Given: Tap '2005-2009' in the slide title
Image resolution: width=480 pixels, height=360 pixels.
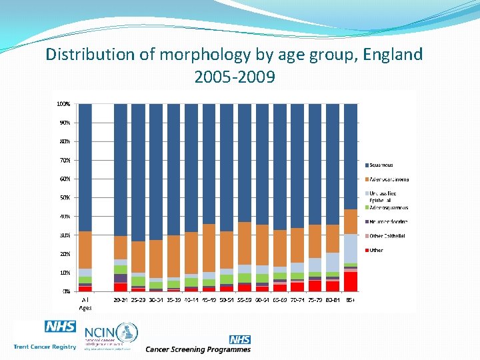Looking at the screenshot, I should pos(234,77).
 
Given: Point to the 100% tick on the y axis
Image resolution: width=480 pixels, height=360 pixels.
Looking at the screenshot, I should pos(63,104).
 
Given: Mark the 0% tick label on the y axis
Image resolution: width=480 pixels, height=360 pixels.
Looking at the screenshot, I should pos(66,291).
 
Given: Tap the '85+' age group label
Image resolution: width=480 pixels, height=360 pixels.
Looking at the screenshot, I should pos(351,301).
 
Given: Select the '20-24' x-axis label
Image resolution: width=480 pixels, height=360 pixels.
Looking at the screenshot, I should pos(121,301).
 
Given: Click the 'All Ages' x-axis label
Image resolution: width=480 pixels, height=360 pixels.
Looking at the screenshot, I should pos(85,304).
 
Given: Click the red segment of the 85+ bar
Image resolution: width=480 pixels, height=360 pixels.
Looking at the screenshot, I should pos(351,281).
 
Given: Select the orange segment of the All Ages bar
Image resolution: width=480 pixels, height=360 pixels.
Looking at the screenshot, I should pos(85,250).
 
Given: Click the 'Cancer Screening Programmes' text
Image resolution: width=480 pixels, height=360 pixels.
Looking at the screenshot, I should pos(198,349).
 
